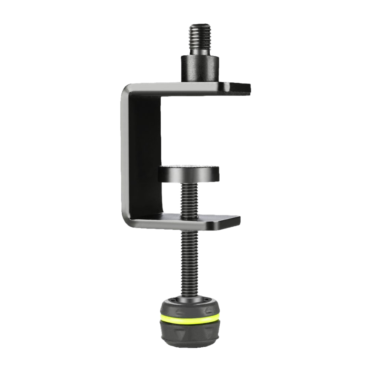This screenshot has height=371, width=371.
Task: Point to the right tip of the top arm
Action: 248,88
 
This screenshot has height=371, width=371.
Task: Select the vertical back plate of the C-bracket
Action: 141,156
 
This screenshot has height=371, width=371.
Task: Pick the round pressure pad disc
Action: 188,174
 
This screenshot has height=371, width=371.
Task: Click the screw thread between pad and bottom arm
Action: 188,198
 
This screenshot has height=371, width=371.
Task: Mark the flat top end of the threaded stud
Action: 200,25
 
